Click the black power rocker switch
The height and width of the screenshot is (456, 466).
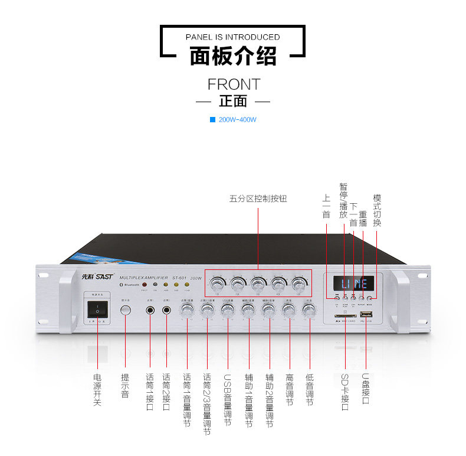click(97, 310)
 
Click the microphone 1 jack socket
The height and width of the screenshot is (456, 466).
click(150, 310)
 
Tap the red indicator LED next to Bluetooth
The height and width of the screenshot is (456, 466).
click(144, 285)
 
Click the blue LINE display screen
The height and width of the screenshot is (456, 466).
click(353, 284)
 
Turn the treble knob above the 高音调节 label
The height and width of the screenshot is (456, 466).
click(288, 309)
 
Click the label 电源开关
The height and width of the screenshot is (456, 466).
click(97, 390)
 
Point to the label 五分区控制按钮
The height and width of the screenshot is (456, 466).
click(258, 199)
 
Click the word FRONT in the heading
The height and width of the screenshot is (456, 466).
click(233, 84)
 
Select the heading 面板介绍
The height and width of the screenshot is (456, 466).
click(233, 57)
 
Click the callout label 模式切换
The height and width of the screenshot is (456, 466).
click(378, 211)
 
